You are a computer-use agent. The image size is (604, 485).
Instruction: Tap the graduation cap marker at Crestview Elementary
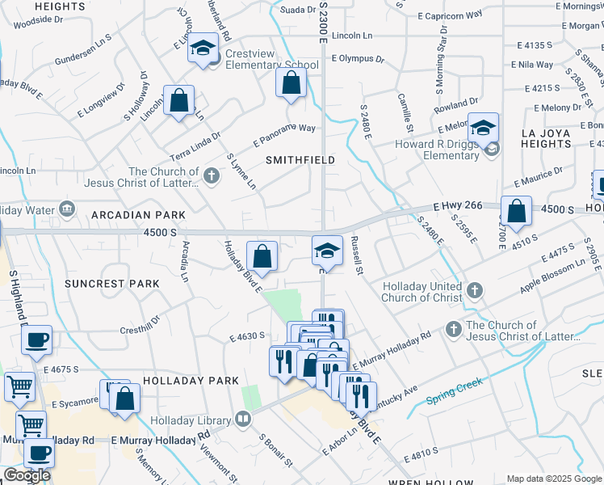[x=203, y=48]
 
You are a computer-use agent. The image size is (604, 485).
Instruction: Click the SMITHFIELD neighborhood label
[x=300, y=160]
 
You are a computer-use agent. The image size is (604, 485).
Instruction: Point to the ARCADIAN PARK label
[x=138, y=215]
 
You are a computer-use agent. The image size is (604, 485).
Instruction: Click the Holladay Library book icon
[x=242, y=419]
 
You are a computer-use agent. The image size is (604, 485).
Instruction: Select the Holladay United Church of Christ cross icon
[x=475, y=290]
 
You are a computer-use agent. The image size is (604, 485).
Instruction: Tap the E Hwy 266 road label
[x=456, y=206]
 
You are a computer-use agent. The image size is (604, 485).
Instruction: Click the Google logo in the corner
[x=27, y=475]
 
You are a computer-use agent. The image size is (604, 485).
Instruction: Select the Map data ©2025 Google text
[x=555, y=479]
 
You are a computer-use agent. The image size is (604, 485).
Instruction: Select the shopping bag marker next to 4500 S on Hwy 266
[x=516, y=211]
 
